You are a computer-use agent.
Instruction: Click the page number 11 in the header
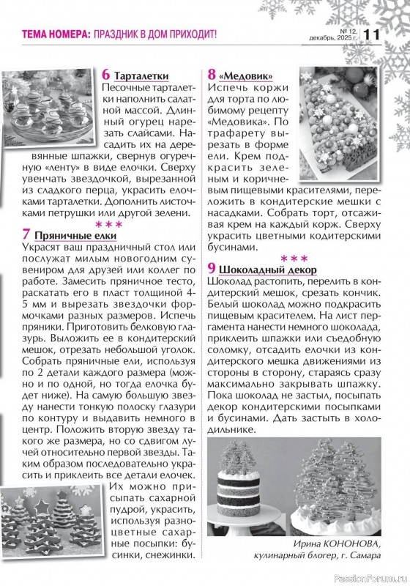(x=372, y=34)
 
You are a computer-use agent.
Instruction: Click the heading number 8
(x=212, y=75)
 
